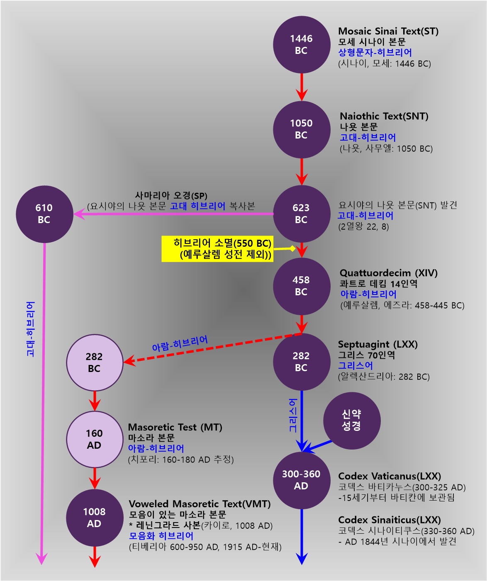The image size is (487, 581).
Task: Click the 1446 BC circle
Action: click(301, 45)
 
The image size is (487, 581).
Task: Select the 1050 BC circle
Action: click(301, 129)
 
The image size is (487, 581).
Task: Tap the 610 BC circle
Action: click(44, 214)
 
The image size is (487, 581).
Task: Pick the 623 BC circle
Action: click(301, 214)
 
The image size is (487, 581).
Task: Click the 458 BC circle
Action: click(301, 286)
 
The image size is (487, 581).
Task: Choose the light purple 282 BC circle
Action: click(95, 362)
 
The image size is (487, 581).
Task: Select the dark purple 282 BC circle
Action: click(301, 362)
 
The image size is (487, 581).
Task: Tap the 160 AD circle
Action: click(95, 439)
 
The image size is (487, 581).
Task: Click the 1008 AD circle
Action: click(95, 518)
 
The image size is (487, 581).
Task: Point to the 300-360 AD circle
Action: click(301, 480)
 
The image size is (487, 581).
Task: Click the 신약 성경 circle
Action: click(352, 421)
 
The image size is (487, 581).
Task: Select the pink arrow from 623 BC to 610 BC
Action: click(174, 214)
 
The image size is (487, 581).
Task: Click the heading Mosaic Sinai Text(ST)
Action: click(388, 31)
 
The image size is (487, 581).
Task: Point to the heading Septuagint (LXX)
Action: click(378, 344)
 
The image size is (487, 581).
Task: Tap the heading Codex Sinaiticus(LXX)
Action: click(390, 520)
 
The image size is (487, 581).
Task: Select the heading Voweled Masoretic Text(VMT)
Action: click(200, 504)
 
